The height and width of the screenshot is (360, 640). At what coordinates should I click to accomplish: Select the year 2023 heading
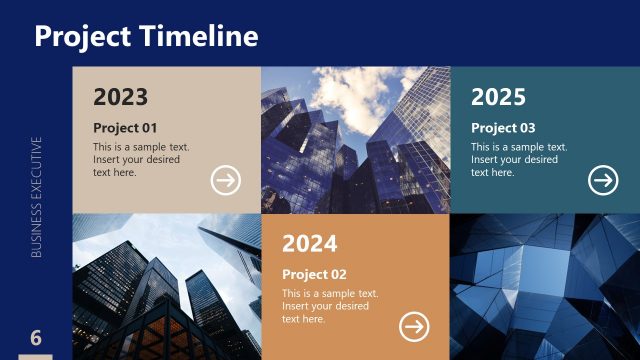[120, 97]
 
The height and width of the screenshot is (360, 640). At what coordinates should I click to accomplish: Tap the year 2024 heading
[309, 243]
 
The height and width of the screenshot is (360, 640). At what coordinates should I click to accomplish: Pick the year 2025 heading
[498, 97]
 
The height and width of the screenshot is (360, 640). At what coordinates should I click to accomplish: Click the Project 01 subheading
[125, 128]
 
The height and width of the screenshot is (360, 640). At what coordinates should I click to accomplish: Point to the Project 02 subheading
[314, 274]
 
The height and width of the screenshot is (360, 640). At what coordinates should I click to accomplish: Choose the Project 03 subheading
[503, 128]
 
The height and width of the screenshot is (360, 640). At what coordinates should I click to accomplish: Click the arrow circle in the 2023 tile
[226, 180]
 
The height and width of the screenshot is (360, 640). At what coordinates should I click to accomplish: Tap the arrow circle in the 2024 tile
[414, 326]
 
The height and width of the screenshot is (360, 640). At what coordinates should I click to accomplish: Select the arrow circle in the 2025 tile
[603, 180]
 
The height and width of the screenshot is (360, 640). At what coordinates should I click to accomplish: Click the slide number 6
[36, 337]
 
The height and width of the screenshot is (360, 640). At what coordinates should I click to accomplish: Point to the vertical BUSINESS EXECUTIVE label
[36, 197]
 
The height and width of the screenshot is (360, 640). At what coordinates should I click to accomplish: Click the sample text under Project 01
[140, 160]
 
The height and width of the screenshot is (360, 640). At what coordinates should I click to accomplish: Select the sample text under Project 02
[329, 306]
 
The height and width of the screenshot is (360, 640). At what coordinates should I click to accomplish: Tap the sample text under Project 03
[518, 160]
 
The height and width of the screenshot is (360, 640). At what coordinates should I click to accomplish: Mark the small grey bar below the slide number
[36, 357]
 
